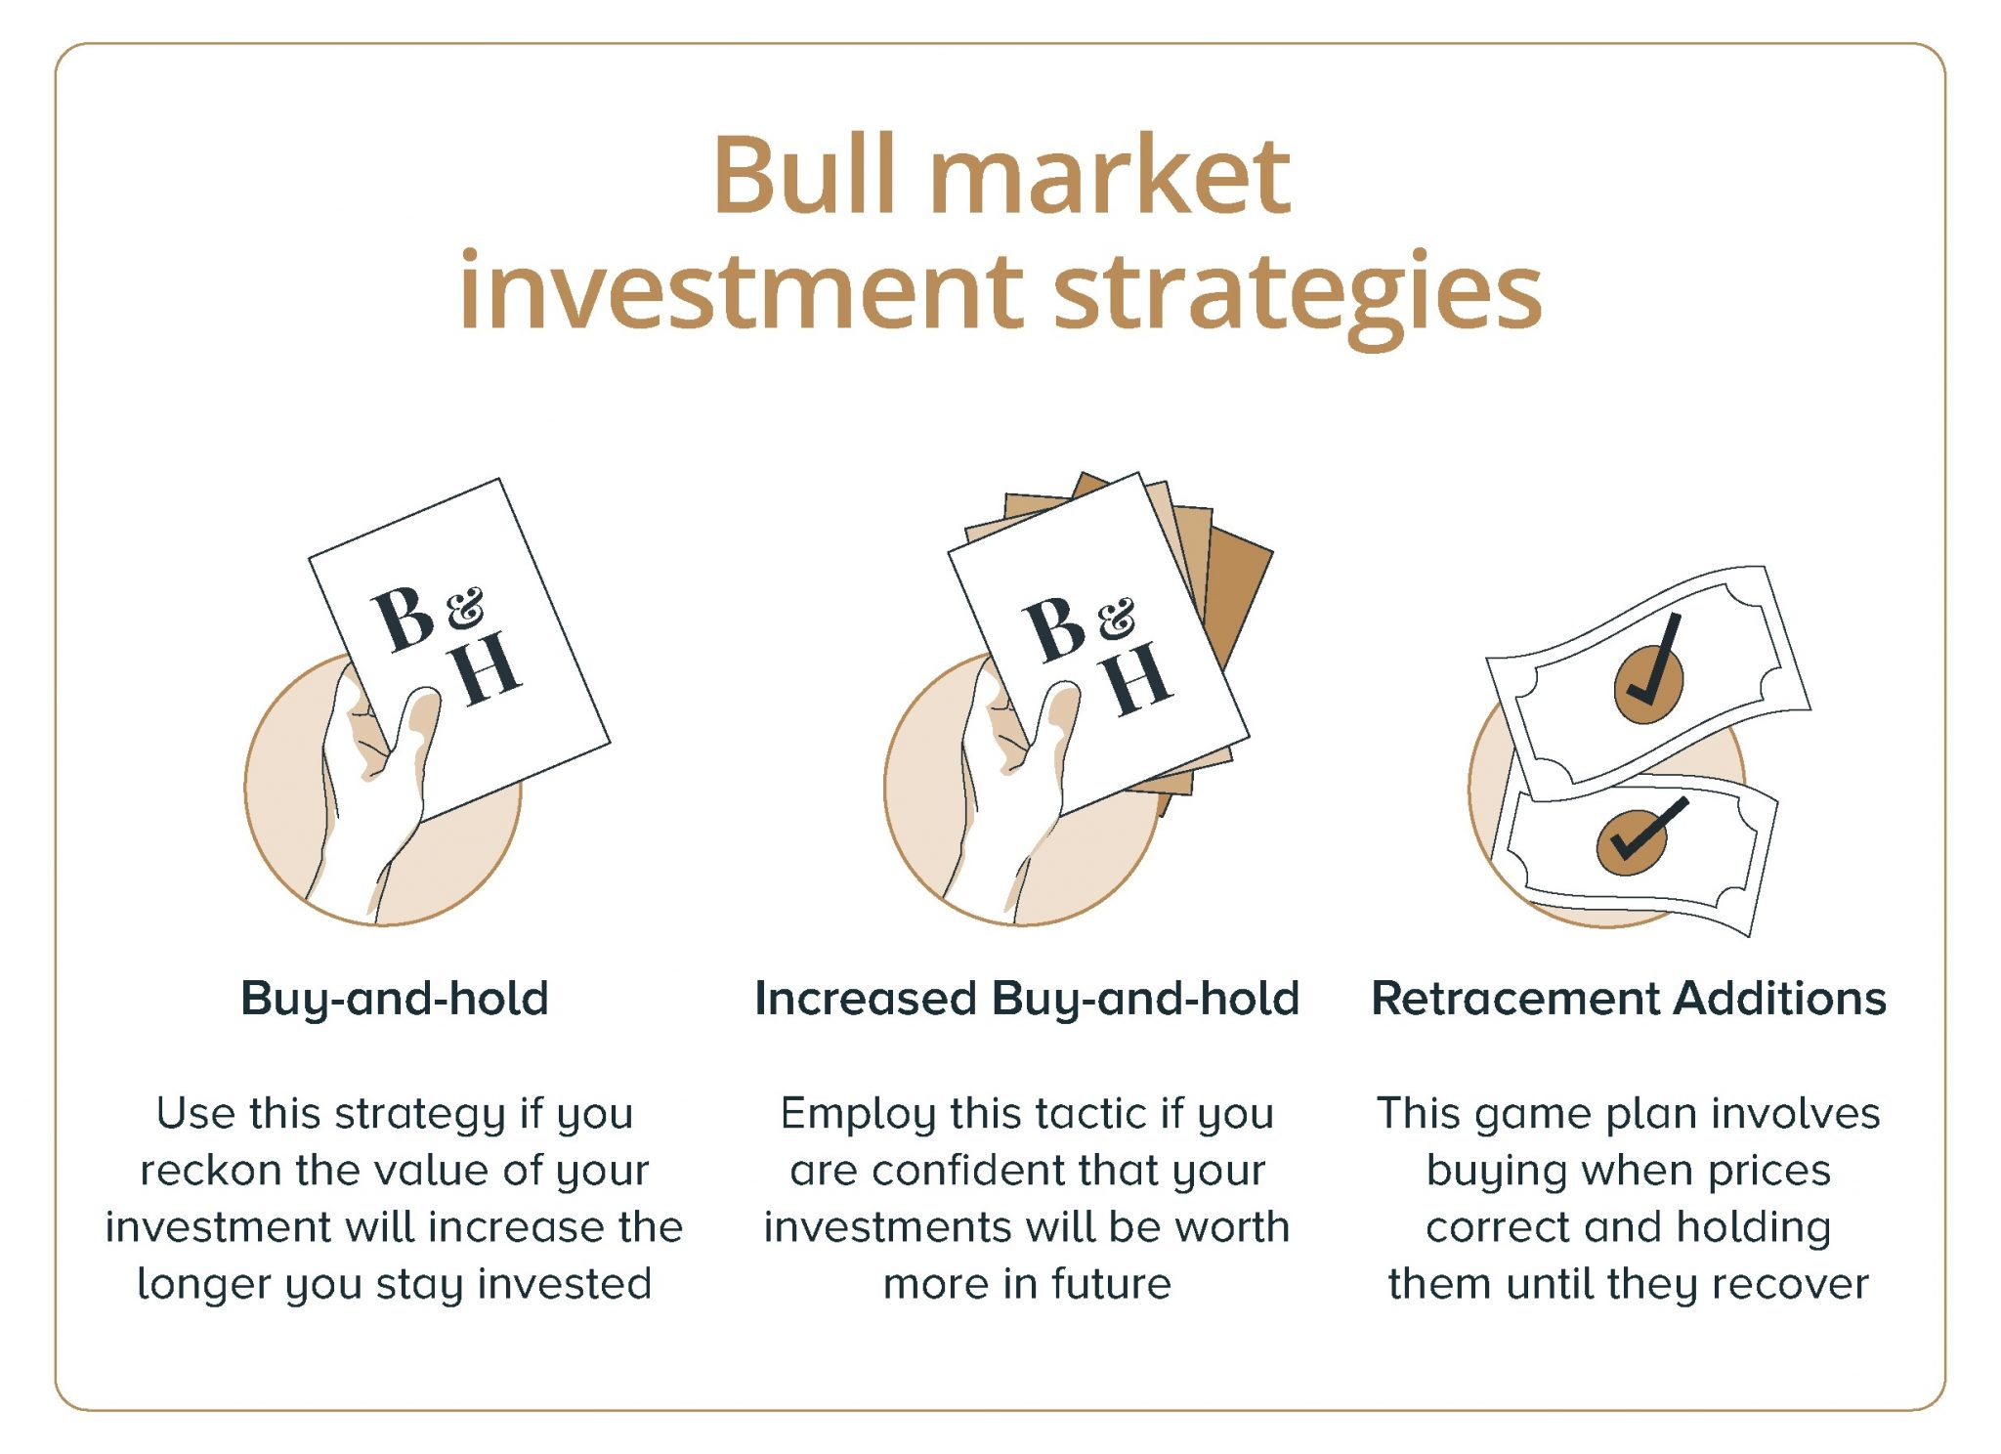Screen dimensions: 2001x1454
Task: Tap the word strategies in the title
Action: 1299,293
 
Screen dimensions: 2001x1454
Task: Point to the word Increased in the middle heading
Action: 866,999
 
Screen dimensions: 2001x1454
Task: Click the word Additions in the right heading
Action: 1779,999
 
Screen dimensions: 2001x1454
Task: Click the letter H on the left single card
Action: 486,667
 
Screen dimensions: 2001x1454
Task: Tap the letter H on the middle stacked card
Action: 1135,678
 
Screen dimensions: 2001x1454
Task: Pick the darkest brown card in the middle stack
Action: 1236,606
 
